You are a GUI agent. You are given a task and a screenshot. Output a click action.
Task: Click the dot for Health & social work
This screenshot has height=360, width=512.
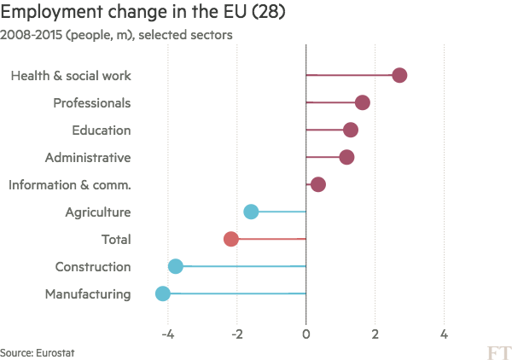click(x=399, y=76)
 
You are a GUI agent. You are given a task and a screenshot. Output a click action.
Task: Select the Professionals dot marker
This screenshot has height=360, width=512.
click(x=363, y=103)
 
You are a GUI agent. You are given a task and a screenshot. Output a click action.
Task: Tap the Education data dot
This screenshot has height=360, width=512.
click(x=350, y=131)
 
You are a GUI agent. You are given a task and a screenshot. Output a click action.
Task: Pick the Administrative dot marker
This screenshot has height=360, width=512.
click(x=346, y=158)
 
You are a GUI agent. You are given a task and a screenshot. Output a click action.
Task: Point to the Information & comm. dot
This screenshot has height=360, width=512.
click(x=318, y=185)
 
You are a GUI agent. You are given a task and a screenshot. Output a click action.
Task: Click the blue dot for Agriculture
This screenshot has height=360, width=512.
click(x=251, y=212)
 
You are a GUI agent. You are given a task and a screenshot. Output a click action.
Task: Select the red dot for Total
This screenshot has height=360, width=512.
click(x=230, y=240)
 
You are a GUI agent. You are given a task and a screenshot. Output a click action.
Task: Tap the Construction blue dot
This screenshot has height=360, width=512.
click(x=176, y=267)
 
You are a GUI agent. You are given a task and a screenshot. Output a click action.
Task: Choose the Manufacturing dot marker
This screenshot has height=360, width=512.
click(x=163, y=294)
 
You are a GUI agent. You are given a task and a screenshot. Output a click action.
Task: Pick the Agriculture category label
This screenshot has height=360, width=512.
click(x=97, y=212)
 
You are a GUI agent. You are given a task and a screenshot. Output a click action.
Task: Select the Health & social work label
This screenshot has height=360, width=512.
click(x=70, y=76)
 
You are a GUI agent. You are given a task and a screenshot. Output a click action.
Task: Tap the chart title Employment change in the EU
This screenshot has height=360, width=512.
click(x=137, y=13)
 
